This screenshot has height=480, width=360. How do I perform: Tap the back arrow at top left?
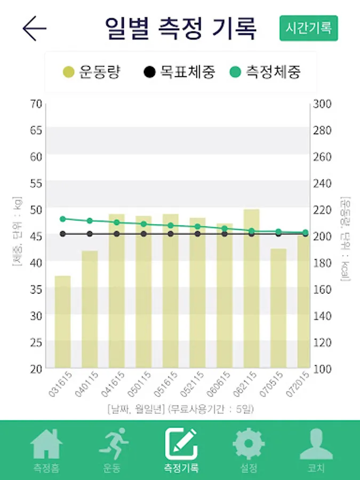35,28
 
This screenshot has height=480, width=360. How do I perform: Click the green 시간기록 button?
309,28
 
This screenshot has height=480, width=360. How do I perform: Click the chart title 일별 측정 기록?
180,28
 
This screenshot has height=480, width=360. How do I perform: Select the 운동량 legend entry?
91,71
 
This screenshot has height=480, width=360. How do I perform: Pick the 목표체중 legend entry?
180,71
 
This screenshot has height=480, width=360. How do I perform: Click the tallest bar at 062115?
251,288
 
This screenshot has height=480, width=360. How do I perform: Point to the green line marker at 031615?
63,219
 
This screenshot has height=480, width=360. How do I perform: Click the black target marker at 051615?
171,234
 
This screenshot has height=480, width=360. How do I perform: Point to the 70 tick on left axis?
36,103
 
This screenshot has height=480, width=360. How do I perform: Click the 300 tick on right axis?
322,103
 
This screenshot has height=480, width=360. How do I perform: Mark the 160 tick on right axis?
322,289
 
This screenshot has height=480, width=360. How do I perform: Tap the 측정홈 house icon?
46,444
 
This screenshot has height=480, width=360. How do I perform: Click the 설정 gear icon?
249,444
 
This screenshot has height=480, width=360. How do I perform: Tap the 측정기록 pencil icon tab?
181,444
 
